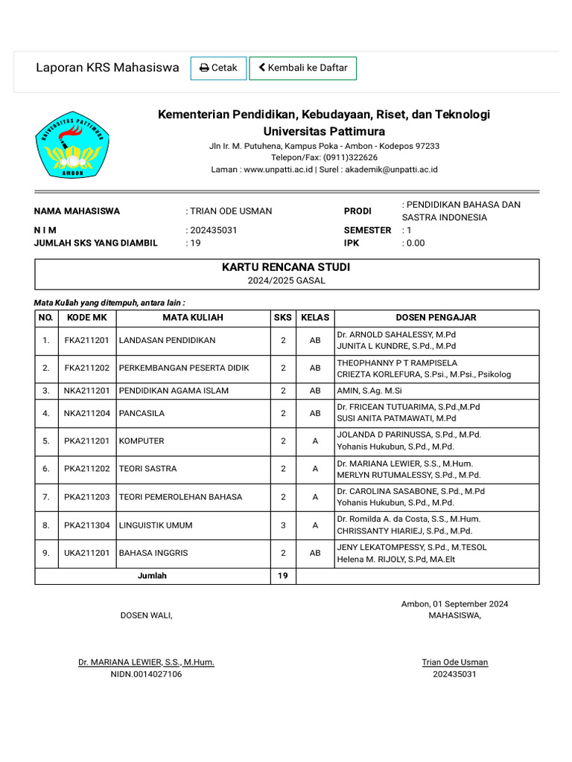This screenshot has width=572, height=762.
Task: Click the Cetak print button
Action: point(218,68)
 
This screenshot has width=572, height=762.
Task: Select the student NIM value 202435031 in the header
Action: point(213,230)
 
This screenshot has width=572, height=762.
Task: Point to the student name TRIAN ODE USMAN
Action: point(230,211)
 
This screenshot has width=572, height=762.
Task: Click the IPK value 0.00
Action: point(415,243)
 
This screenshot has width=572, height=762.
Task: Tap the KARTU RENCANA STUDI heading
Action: point(286,267)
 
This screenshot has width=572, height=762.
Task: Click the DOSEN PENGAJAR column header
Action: point(436,317)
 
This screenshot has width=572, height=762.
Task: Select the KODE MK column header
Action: point(87,317)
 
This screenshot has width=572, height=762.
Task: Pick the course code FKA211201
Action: point(87,340)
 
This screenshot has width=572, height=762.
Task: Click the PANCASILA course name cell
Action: point(142,413)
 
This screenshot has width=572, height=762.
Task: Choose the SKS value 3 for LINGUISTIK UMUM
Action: point(283,525)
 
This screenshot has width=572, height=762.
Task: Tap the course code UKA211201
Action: point(87,553)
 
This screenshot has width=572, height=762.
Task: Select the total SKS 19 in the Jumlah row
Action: point(283,575)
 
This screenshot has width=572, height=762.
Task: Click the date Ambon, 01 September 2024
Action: point(454,603)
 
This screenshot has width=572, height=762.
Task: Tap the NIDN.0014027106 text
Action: point(146,674)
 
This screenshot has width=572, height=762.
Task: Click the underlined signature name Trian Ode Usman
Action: point(454,662)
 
